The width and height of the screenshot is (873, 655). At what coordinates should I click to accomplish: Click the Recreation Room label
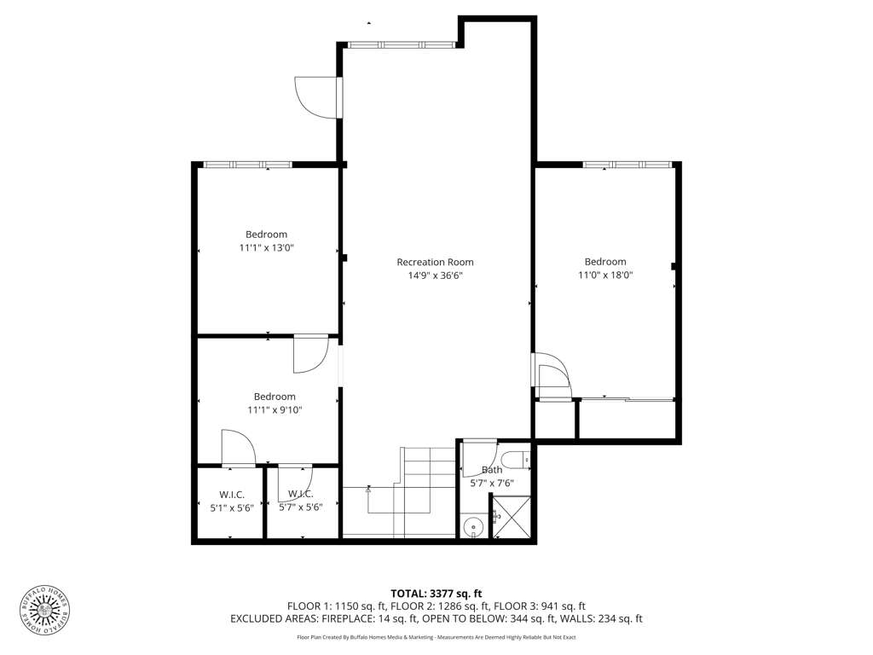(x=435, y=262)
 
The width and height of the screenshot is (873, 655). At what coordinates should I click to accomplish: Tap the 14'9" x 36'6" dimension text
(x=436, y=275)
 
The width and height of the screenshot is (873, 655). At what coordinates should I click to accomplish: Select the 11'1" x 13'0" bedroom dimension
(x=267, y=247)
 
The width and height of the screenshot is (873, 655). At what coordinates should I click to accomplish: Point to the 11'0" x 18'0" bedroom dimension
(x=605, y=275)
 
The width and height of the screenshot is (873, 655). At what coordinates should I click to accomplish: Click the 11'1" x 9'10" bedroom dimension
(x=275, y=410)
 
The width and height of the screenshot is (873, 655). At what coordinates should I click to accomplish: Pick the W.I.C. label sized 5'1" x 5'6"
(x=232, y=495)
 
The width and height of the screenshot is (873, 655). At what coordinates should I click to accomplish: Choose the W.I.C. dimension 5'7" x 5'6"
(x=301, y=507)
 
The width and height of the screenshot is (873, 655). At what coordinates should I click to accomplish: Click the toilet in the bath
(x=515, y=460)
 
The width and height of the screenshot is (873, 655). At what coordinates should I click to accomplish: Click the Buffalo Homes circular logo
(x=45, y=611)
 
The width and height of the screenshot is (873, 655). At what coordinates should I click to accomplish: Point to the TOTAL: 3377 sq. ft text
(x=436, y=594)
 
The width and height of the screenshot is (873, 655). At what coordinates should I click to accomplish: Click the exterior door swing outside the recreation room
(x=316, y=97)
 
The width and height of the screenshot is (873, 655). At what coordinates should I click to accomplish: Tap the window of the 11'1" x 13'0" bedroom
(x=248, y=165)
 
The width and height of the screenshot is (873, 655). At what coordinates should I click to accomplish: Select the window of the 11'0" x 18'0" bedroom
(x=627, y=165)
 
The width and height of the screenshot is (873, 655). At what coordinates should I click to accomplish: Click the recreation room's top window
(x=401, y=44)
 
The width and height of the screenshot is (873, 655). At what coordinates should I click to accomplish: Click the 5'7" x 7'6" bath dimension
(x=492, y=484)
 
